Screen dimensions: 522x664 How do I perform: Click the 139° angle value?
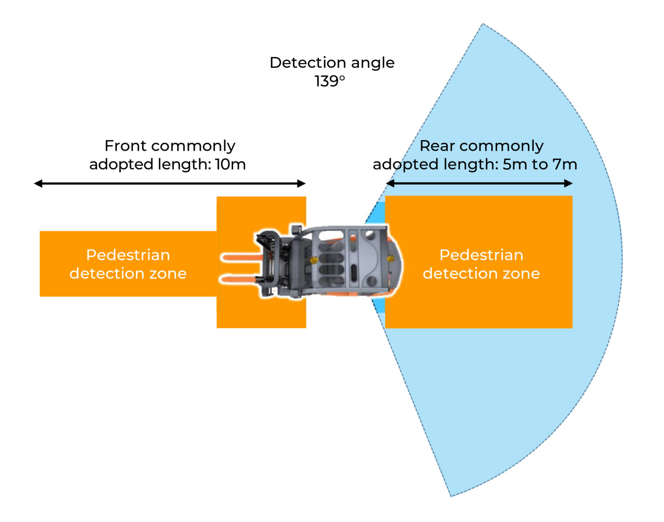pyautogui.click(x=329, y=81)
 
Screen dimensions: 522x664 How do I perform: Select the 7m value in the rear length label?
pyautogui.click(x=565, y=164)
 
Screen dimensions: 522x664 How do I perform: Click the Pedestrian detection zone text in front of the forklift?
pyautogui.click(x=128, y=264)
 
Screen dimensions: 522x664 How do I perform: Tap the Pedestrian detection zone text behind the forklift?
pyautogui.click(x=481, y=264)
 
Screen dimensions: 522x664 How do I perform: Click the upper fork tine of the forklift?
pyautogui.click(x=240, y=258)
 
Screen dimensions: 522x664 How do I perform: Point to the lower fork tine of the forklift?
pyautogui.click(x=240, y=279)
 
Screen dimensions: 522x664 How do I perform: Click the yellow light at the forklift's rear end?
pyautogui.click(x=391, y=259)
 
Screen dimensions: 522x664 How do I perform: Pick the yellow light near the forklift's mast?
pyautogui.click(x=314, y=260)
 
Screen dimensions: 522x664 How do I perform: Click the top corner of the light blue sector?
pyautogui.click(x=482, y=25)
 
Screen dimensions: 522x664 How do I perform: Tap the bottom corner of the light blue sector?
pyautogui.click(x=451, y=495)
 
